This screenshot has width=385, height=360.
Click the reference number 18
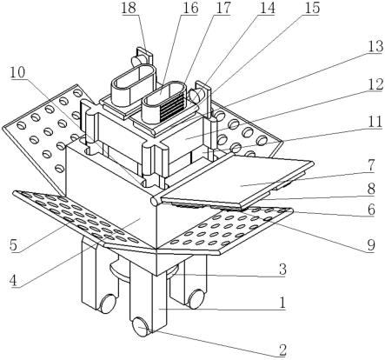129,8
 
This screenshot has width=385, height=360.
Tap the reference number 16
190,8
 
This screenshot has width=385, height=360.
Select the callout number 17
222,8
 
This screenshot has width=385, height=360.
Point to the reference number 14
267,8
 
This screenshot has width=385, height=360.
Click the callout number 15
312,8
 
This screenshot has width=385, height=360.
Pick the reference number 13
375,46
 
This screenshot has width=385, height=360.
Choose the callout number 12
375,84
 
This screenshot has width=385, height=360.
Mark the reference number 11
375,123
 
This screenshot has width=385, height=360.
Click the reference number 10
18,72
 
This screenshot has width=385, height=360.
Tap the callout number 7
371,165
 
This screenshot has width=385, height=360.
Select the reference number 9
371,245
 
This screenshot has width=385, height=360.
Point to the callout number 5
13,245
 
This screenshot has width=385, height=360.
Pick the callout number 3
282,270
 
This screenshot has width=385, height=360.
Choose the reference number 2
282,350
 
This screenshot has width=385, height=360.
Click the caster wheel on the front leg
141,327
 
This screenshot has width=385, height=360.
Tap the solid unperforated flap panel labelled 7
236,181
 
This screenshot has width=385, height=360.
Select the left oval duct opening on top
133,77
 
